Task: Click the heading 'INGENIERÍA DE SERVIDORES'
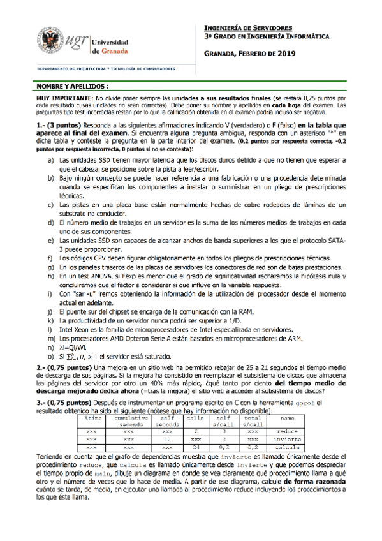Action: tap(248, 29)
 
